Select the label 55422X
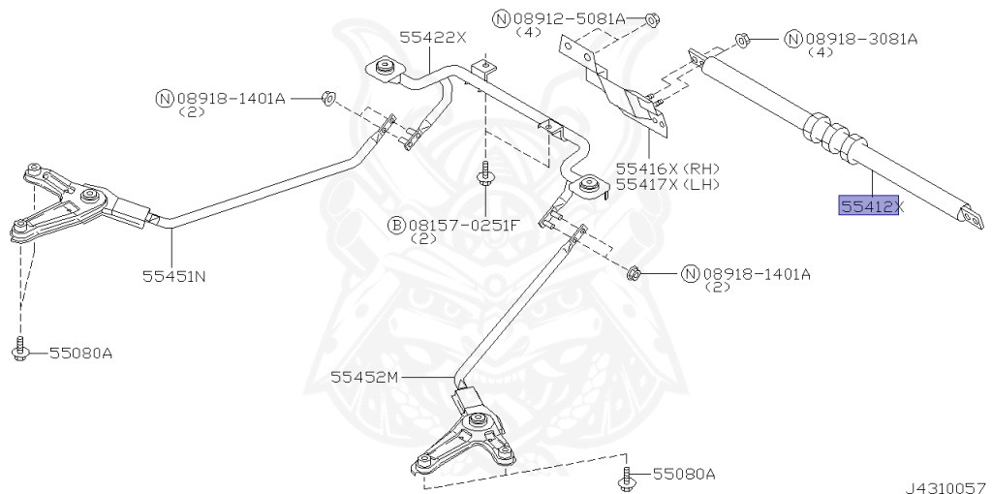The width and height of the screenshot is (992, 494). point(433,37)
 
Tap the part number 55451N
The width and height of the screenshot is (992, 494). point(174,276)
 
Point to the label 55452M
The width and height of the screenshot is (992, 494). point(362,375)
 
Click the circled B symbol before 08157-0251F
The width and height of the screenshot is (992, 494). point(396,225)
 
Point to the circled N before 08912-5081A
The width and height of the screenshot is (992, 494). point(501,17)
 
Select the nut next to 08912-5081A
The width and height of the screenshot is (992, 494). point(651,17)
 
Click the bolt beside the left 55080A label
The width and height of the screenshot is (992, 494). point(20,350)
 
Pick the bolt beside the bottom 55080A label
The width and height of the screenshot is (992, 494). point(624,476)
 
